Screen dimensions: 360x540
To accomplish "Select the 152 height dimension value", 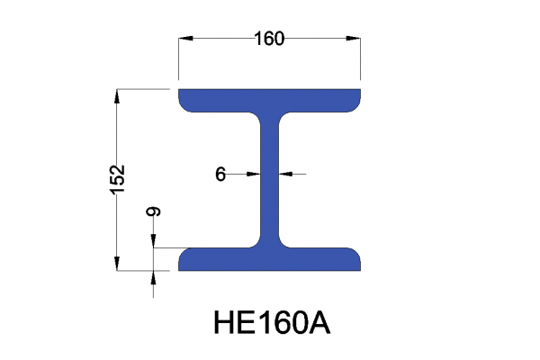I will click(119, 177).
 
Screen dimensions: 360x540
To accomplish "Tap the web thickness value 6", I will click(220, 175).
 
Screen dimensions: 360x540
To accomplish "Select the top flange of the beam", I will click(270, 100).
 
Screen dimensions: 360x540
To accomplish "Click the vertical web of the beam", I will click(270, 180).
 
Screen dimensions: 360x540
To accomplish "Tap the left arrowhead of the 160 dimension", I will click(186, 39).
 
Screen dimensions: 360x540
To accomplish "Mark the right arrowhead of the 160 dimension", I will click(355, 39).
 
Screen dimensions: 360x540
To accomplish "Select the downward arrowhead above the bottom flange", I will click(154, 240).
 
